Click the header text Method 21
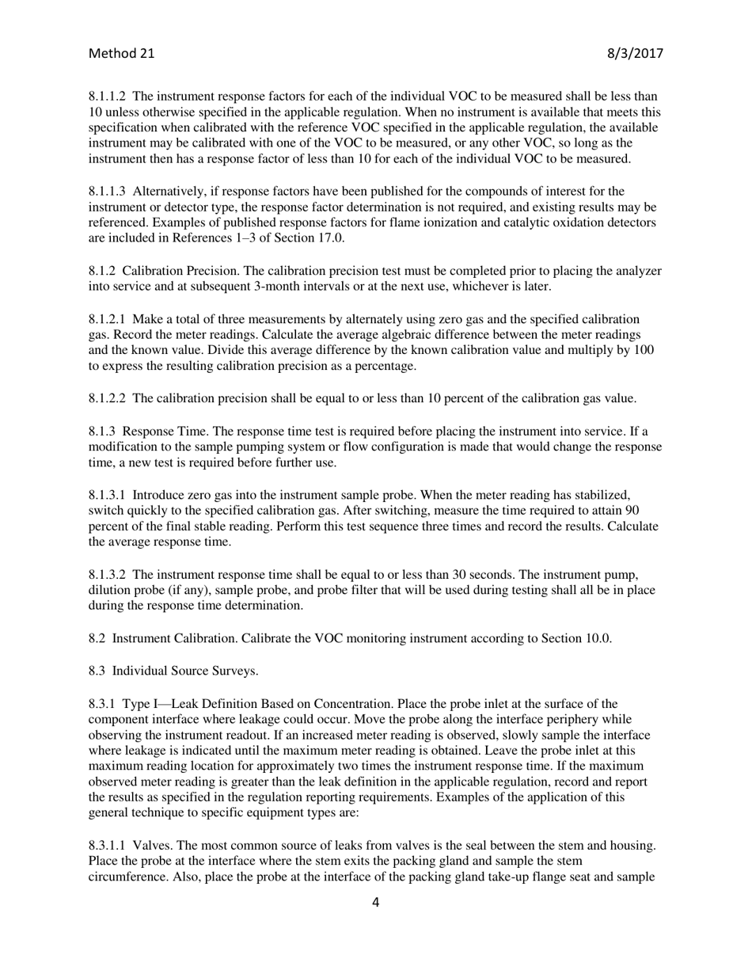coord(121,54)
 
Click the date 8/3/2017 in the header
coord(635,54)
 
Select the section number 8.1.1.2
coord(107,96)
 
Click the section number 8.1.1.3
coord(107,192)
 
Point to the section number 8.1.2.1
coord(107,319)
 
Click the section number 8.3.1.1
coord(107,846)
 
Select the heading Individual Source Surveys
coord(184,671)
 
